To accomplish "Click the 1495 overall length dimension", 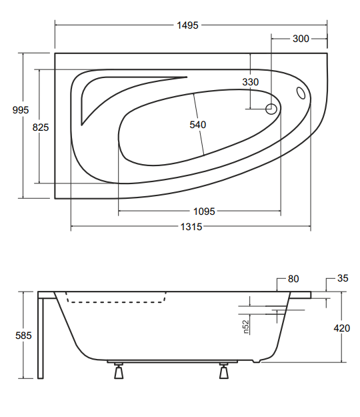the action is point(187,25).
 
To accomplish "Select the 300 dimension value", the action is point(301,39).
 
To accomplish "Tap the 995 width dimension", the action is point(21,110).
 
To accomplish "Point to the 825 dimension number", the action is point(41,127).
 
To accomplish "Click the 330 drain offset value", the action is point(250,82).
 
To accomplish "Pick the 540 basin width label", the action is point(198,125).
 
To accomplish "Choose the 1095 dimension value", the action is point(204,212).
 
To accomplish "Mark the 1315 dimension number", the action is point(191,227).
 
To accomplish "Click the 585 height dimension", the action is point(23,336).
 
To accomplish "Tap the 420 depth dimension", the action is point(342,328).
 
